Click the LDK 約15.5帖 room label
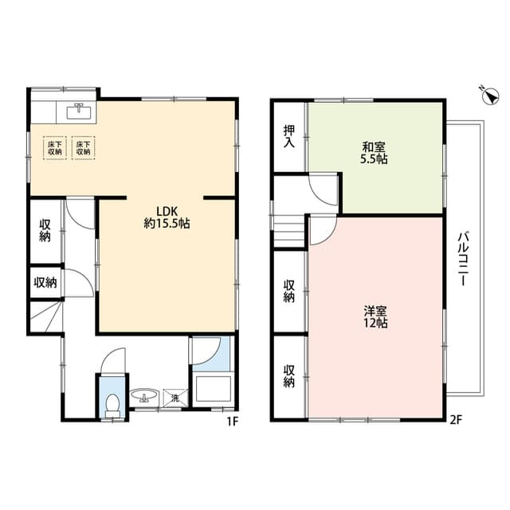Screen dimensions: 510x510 point(167,218)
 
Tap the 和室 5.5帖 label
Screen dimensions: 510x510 point(375,153)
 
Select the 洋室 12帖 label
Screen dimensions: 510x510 point(375,317)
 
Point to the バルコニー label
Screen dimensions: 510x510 point(463,258)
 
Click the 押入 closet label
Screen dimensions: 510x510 point(289,136)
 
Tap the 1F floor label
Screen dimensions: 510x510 point(233,422)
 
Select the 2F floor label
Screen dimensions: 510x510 point(456,420)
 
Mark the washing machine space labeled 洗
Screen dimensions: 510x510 point(175,398)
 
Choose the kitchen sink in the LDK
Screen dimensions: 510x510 point(80,112)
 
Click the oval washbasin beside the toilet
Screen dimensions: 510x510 point(144,396)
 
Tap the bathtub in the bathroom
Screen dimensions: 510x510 point(214,389)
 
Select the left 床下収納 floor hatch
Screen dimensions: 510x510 point(55,148)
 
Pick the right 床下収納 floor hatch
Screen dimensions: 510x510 point(83,148)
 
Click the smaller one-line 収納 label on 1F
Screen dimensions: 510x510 point(45,282)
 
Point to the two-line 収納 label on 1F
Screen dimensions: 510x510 point(45,230)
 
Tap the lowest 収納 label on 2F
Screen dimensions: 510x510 point(289,376)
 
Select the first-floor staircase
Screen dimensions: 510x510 point(45,317)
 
